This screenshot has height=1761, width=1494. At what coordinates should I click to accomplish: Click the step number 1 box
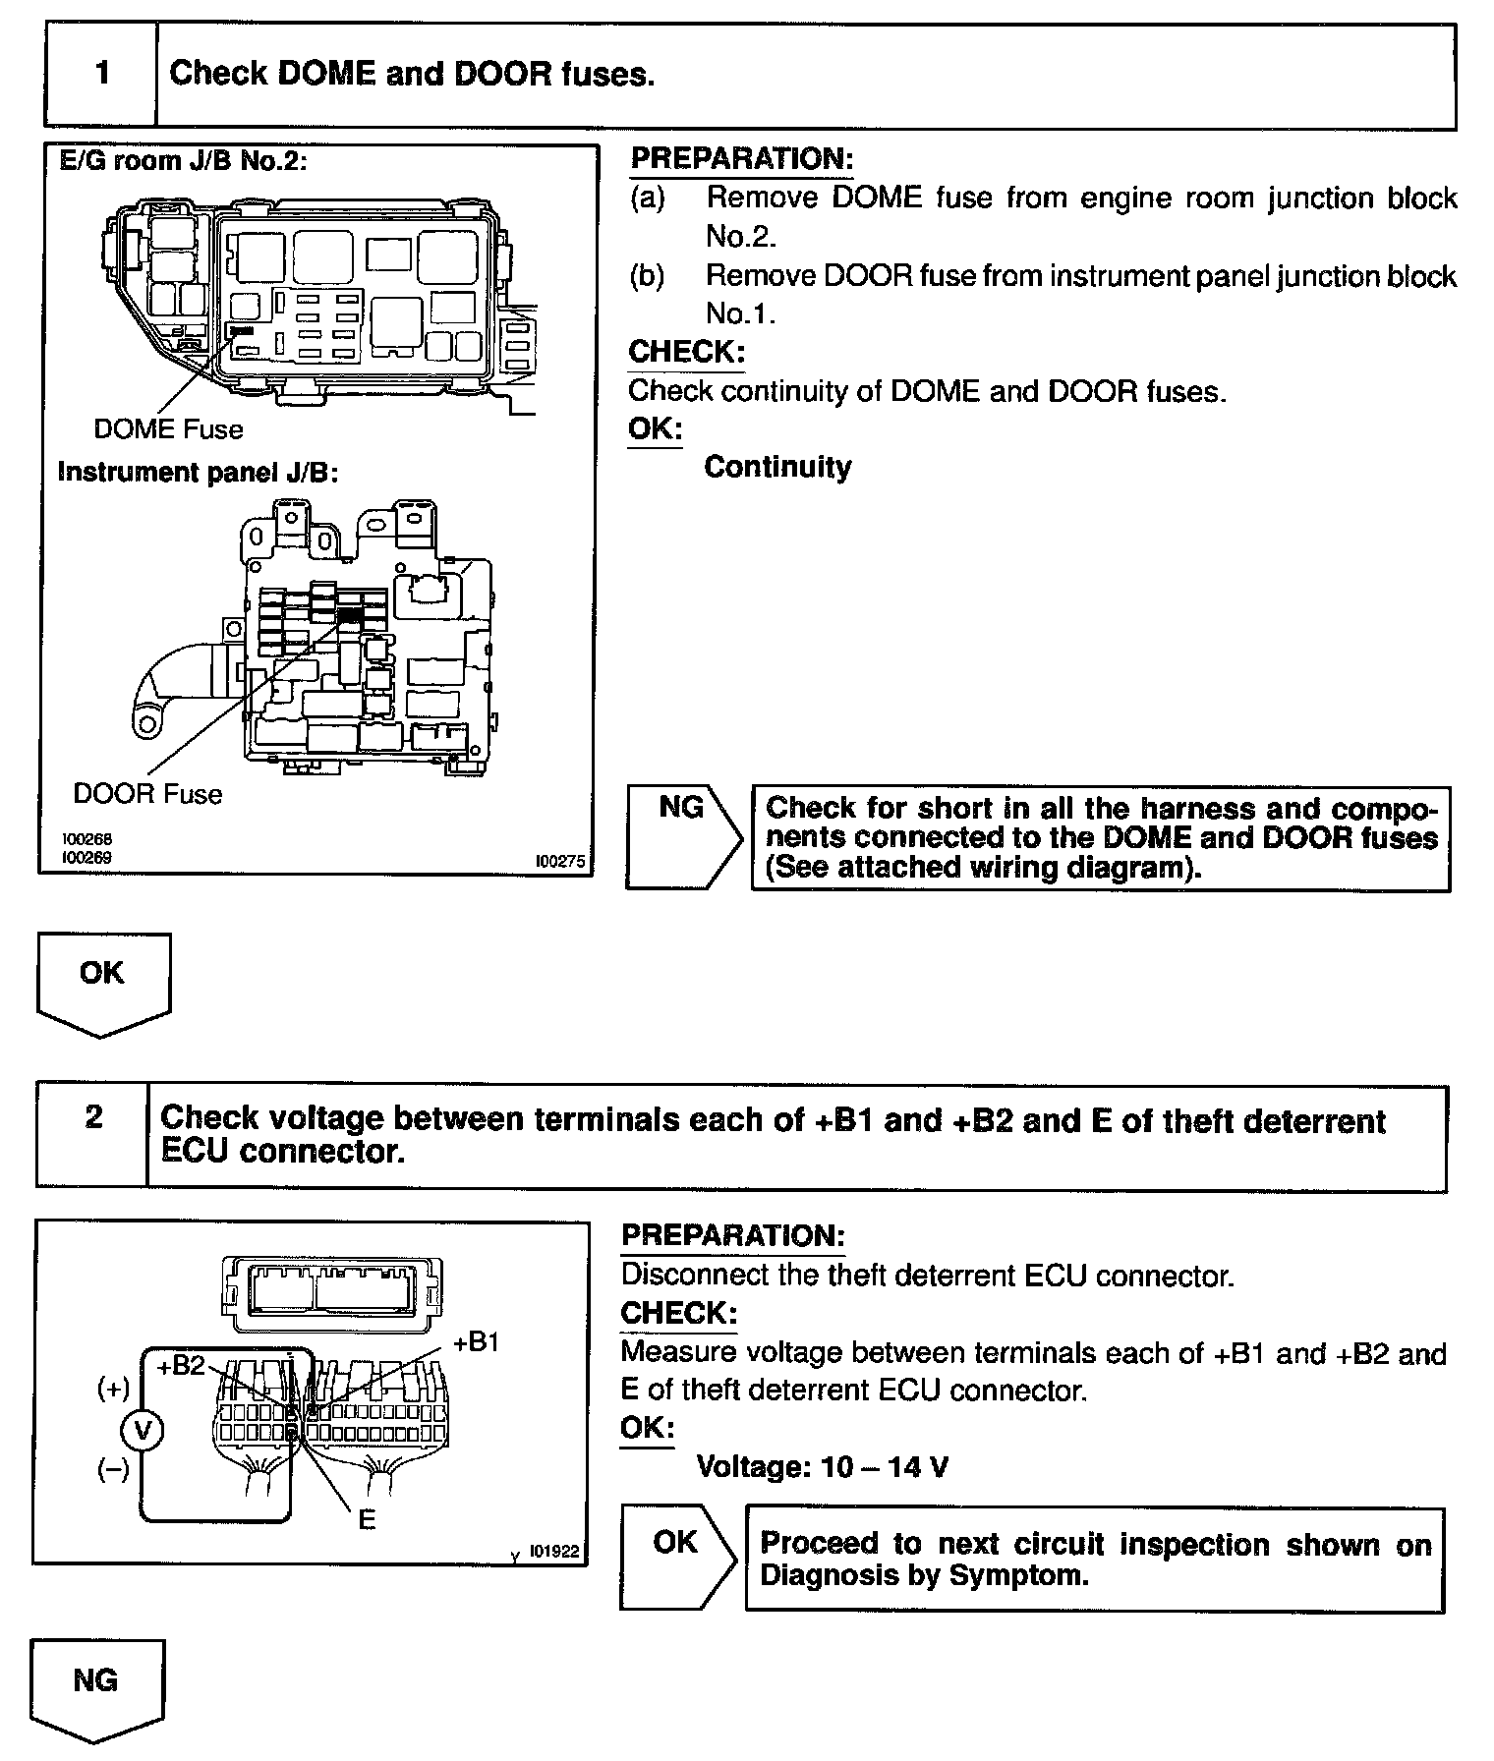[102, 75]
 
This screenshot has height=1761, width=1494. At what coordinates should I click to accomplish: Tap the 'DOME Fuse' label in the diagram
[168, 429]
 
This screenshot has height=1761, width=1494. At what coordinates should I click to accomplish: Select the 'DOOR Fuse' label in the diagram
[147, 794]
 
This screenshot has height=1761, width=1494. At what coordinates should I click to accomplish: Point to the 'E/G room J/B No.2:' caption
[184, 160]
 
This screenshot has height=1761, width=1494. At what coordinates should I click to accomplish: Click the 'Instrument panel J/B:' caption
[198, 473]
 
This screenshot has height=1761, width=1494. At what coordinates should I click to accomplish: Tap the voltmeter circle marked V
[144, 1431]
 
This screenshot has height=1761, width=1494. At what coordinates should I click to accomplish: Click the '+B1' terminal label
[477, 1342]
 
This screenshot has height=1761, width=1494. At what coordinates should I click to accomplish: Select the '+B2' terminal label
[180, 1366]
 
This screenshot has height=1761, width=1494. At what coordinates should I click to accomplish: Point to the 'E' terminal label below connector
[367, 1519]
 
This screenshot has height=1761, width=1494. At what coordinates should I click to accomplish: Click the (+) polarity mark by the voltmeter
[113, 1389]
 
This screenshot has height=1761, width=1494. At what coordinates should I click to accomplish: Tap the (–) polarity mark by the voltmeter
[113, 1471]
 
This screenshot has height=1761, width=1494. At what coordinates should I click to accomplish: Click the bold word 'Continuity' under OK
[777, 467]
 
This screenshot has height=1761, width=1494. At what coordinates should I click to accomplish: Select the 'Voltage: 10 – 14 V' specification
[822, 1467]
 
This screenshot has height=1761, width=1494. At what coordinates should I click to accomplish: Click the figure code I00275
[559, 862]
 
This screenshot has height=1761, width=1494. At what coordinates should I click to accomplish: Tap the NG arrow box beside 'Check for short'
[683, 837]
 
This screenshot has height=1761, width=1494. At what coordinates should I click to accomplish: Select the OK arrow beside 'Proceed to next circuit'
[676, 1558]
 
